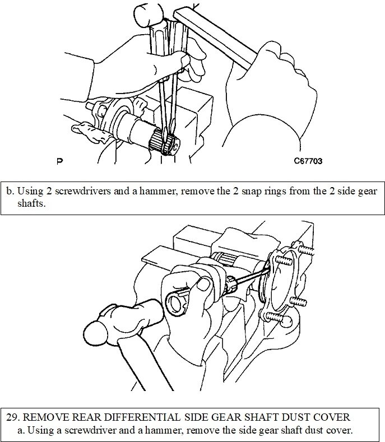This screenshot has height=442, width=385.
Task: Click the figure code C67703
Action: pyautogui.click(x=308, y=161)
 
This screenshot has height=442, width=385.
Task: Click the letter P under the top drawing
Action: pyautogui.click(x=60, y=162)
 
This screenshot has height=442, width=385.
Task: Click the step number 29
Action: pyautogui.click(x=12, y=417)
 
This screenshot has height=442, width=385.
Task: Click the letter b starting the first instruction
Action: pyautogui.click(x=9, y=191)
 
